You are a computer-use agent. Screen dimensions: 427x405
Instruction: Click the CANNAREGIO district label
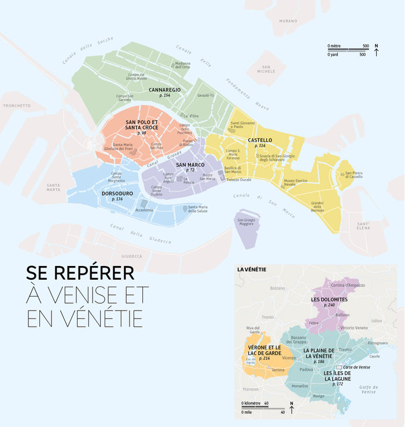[x=165, y=90]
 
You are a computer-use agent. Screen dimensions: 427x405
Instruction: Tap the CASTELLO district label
[x=260, y=140]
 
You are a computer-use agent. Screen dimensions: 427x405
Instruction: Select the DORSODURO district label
[x=117, y=194]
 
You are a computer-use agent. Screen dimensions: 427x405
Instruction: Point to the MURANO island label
[x=289, y=20]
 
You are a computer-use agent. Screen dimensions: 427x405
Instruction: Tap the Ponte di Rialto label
[x=187, y=144]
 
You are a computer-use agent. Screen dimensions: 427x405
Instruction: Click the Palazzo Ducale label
[x=239, y=180]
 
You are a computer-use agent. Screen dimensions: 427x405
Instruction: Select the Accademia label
[x=144, y=210]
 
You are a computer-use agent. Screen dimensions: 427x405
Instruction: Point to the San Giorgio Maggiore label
[x=245, y=222]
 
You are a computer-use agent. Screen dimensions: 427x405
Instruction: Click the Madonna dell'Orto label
[x=183, y=65]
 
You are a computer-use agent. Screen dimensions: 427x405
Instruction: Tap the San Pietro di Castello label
[x=354, y=174]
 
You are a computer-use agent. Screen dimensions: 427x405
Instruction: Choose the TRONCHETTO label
[x=17, y=106]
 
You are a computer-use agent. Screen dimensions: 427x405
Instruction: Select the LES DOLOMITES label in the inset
[x=329, y=300]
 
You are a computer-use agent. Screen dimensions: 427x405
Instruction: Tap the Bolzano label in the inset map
[x=278, y=288]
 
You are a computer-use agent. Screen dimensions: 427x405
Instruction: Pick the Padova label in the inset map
[x=306, y=369]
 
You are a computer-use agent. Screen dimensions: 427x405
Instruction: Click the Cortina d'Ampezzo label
[x=363, y=285]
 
